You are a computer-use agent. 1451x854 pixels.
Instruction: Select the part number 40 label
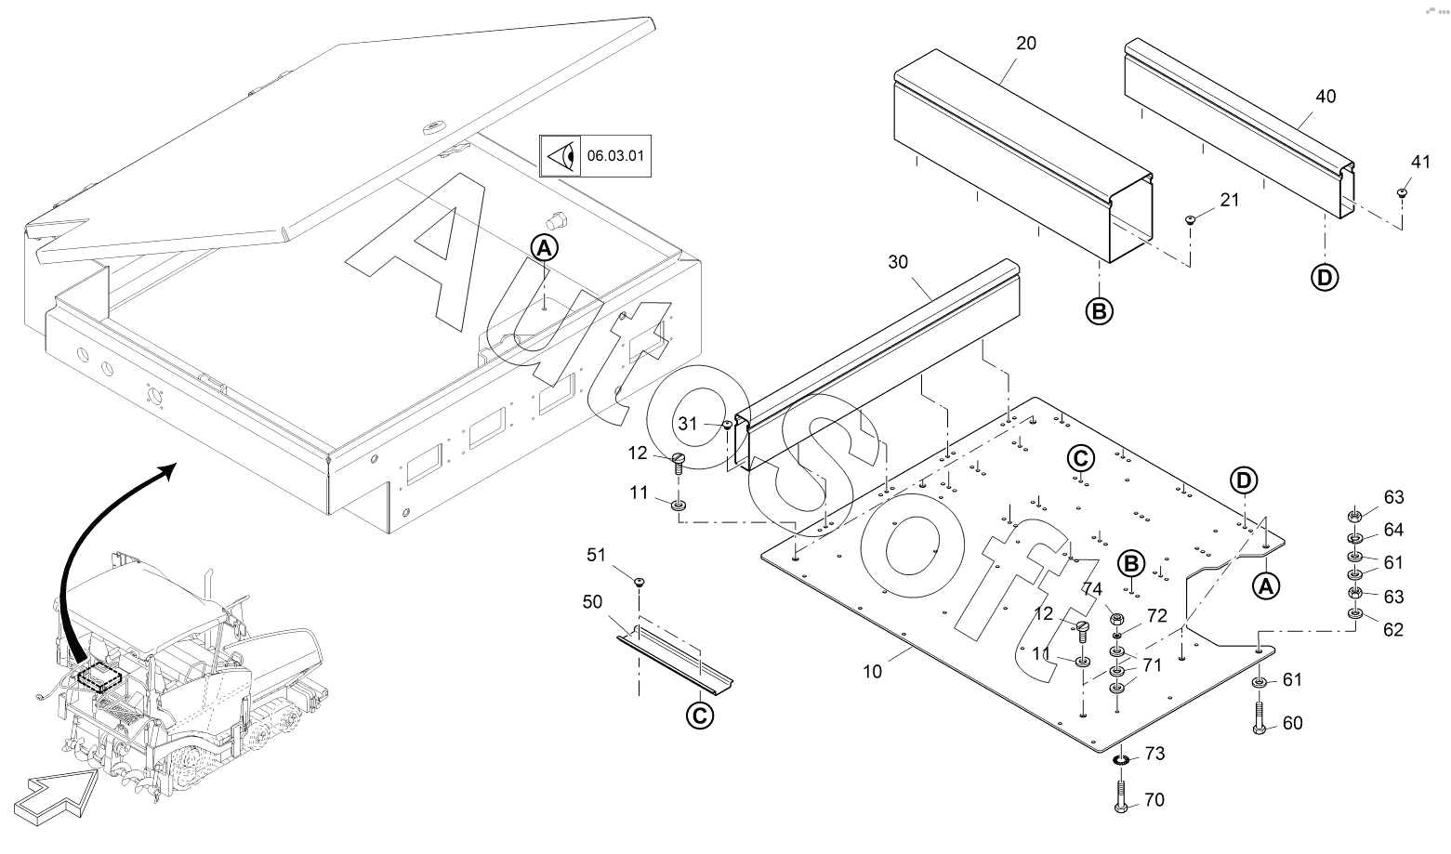coord(1326,97)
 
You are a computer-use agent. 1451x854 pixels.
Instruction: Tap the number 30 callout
coord(898,262)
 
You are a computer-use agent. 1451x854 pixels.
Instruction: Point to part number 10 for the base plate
coord(872,671)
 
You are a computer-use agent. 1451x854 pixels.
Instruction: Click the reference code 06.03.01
coord(614,156)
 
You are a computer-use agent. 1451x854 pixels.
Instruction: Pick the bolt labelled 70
coord(1120,796)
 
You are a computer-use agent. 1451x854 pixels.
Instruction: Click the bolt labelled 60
coord(1259,719)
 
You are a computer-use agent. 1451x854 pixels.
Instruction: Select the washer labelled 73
coord(1121,760)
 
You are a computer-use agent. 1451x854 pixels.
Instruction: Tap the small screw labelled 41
coord(1401,192)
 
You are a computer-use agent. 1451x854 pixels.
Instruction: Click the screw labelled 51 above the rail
coord(640,582)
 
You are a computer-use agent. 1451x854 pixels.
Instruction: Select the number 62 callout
coord(1393,630)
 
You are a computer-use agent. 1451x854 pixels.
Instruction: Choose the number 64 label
coord(1393,530)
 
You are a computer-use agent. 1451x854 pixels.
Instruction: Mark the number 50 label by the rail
coord(593,603)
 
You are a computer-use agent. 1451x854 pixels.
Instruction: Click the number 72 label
coord(1156,615)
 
